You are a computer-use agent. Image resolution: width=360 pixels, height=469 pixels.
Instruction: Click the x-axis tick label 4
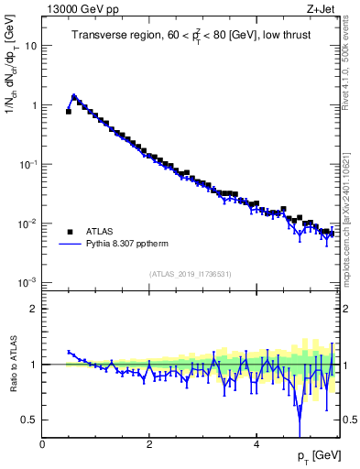[x=256, y=444]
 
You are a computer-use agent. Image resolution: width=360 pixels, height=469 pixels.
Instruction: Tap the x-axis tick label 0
[x=42, y=444]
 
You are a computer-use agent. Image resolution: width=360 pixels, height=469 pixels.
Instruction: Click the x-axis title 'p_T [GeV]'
[x=316, y=456]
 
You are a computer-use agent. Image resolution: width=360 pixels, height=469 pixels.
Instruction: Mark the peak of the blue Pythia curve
[x=73, y=95]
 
